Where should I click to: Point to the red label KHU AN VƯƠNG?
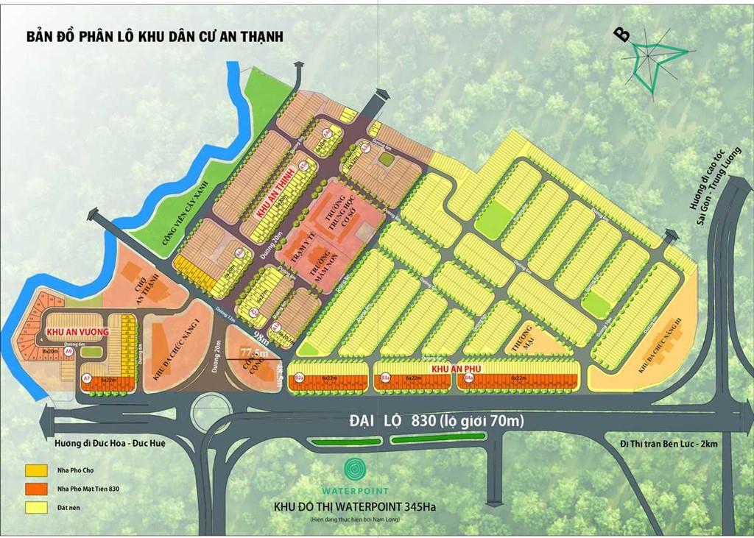pyautogui.click(x=78, y=332)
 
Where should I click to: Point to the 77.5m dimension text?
pyautogui.click(x=254, y=354)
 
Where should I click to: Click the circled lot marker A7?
pyautogui.click(x=86, y=378)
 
